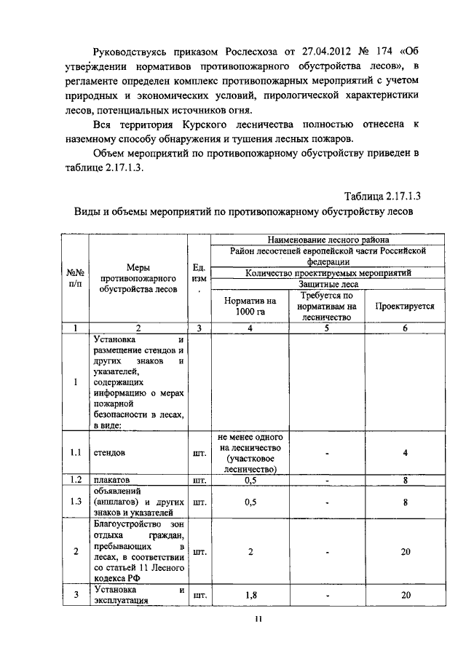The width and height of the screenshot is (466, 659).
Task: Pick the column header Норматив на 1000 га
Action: (250, 307)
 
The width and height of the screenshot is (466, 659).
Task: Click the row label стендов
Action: (108, 452)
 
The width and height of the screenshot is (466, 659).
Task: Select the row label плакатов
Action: (110, 481)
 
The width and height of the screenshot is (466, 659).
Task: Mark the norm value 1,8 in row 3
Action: (250, 595)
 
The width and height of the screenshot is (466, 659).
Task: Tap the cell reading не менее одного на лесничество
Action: (250, 452)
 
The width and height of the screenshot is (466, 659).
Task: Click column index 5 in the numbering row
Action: (327, 328)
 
